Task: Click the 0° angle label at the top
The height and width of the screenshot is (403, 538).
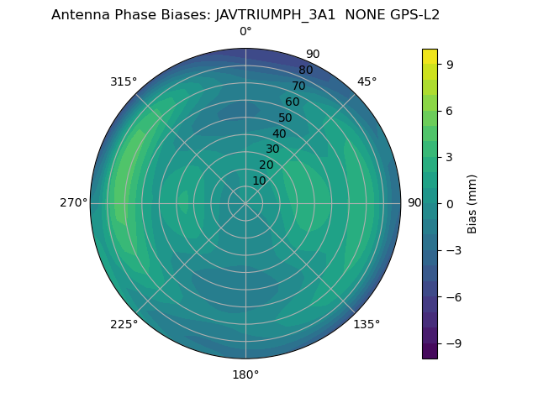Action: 245,32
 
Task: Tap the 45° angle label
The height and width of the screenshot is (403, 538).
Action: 367,81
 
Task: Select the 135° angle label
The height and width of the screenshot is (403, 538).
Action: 367,325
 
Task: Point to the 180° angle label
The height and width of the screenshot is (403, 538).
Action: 245,374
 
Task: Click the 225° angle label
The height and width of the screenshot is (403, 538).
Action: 124,325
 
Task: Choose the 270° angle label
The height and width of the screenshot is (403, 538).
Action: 73,203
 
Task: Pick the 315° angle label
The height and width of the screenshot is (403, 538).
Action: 124,81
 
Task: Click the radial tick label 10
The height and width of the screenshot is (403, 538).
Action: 259,181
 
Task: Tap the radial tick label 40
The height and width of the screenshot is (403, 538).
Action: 279,133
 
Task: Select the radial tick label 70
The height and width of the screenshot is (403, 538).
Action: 299,86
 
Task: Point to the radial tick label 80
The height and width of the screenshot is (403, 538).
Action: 306,70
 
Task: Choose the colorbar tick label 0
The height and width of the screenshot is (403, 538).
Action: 449,203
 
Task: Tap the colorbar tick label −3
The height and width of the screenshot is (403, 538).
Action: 452,250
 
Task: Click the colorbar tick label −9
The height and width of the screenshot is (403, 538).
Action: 452,343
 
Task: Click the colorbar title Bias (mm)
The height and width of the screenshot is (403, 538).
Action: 472,203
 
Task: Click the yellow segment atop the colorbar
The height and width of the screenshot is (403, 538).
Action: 430,56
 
